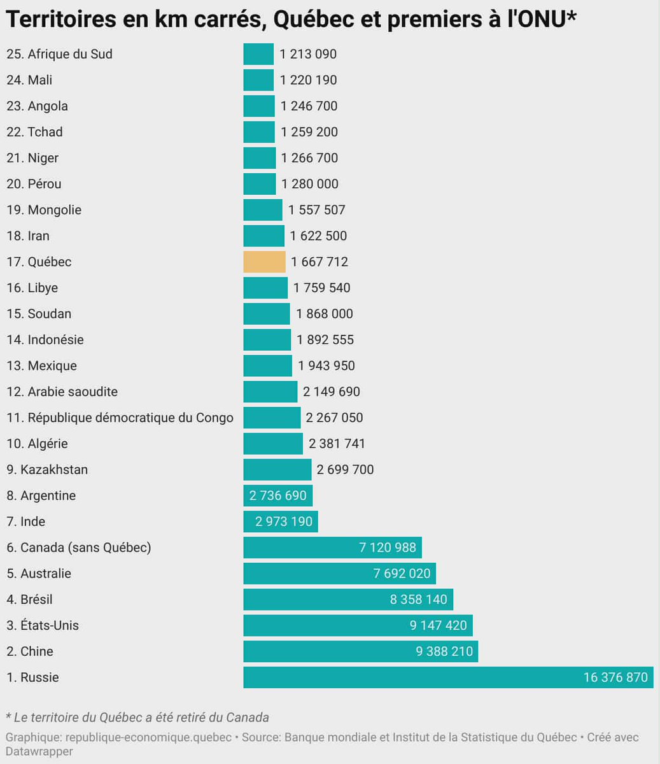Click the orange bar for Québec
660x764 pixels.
[264, 262]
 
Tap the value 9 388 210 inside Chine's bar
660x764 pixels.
[444, 651]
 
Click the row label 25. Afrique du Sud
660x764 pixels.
[59, 54]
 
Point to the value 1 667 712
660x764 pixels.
[319, 262]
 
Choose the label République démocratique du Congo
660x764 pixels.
[130, 418]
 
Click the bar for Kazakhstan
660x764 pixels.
[277, 470]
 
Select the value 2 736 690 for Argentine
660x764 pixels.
[278, 495]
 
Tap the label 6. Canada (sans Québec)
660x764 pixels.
[79, 548]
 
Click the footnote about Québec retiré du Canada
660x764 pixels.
[137, 718]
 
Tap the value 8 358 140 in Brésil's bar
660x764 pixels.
[419, 600]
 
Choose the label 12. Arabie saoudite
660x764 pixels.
[62, 392]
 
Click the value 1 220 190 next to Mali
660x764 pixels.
[308, 80]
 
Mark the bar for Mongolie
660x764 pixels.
[262, 210]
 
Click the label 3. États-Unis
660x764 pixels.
[43, 625]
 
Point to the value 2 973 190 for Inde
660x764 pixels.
[284, 521]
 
